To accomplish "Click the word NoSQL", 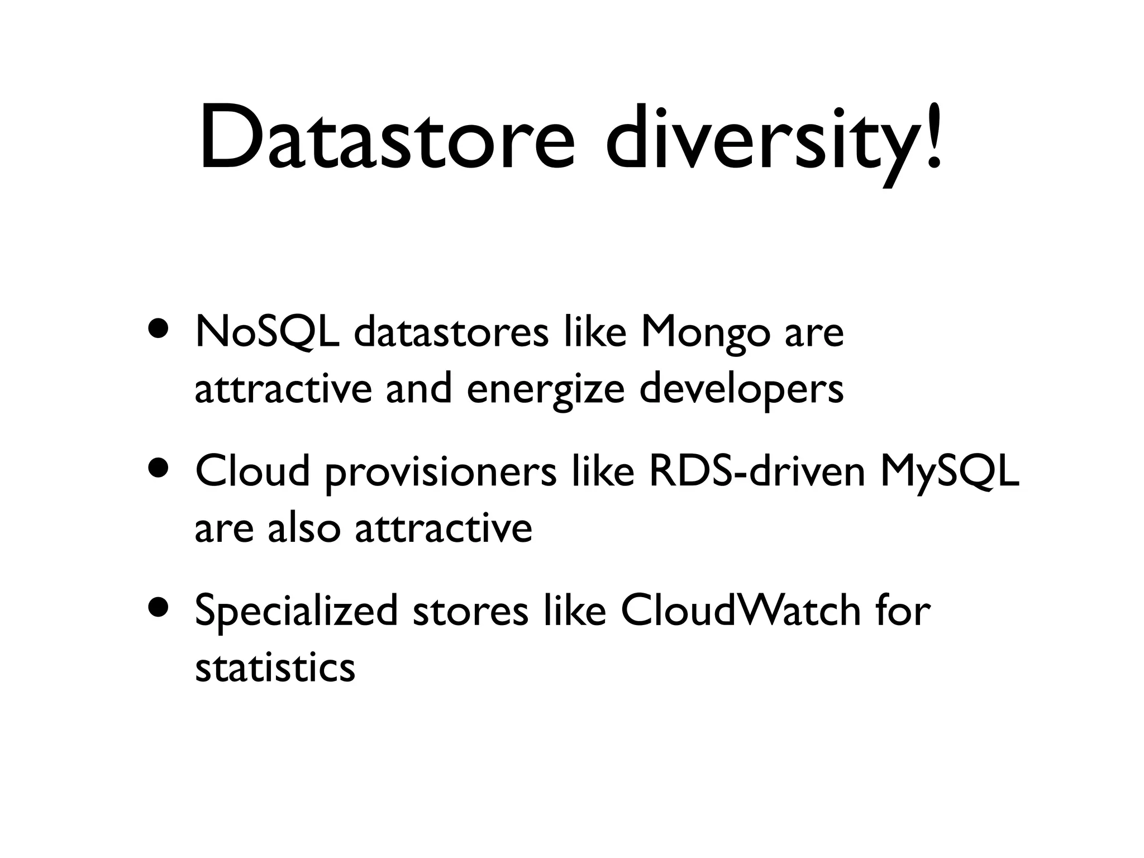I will click(x=266, y=333).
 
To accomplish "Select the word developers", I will click(x=741, y=389).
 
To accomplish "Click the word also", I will click(x=303, y=528).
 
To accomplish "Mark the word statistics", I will click(x=275, y=667).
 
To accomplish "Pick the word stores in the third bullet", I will click(x=470, y=611).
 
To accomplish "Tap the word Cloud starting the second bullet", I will click(x=252, y=471).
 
